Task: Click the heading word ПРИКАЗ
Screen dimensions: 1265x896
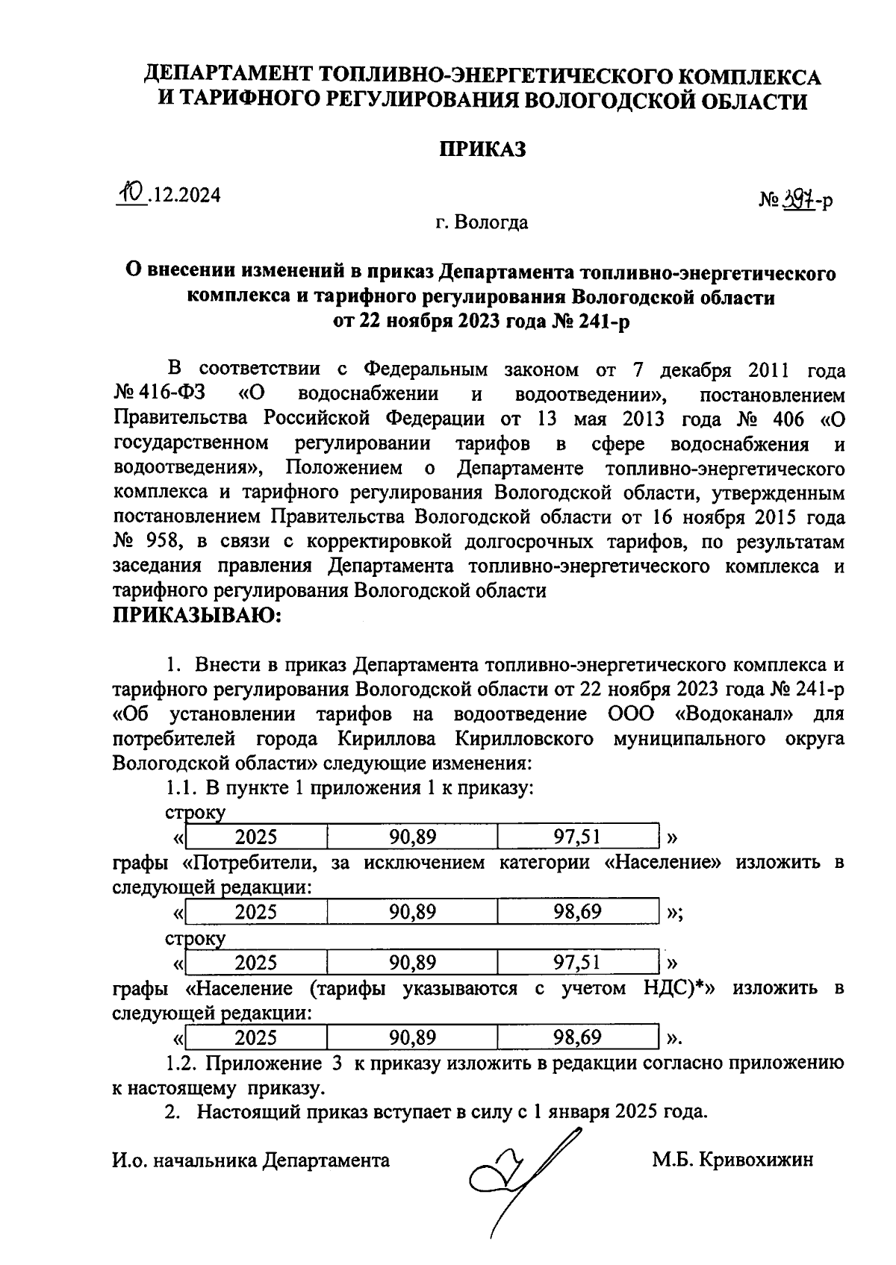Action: point(482,149)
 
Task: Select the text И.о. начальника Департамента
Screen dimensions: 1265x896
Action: point(251,1160)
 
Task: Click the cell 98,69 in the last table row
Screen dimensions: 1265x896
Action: point(576,1038)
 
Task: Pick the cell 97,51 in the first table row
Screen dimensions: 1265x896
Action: point(576,837)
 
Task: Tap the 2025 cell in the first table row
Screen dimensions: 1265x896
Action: point(255,837)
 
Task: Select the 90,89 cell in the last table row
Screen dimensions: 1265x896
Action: point(412,1038)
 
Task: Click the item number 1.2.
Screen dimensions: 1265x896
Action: point(181,1063)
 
